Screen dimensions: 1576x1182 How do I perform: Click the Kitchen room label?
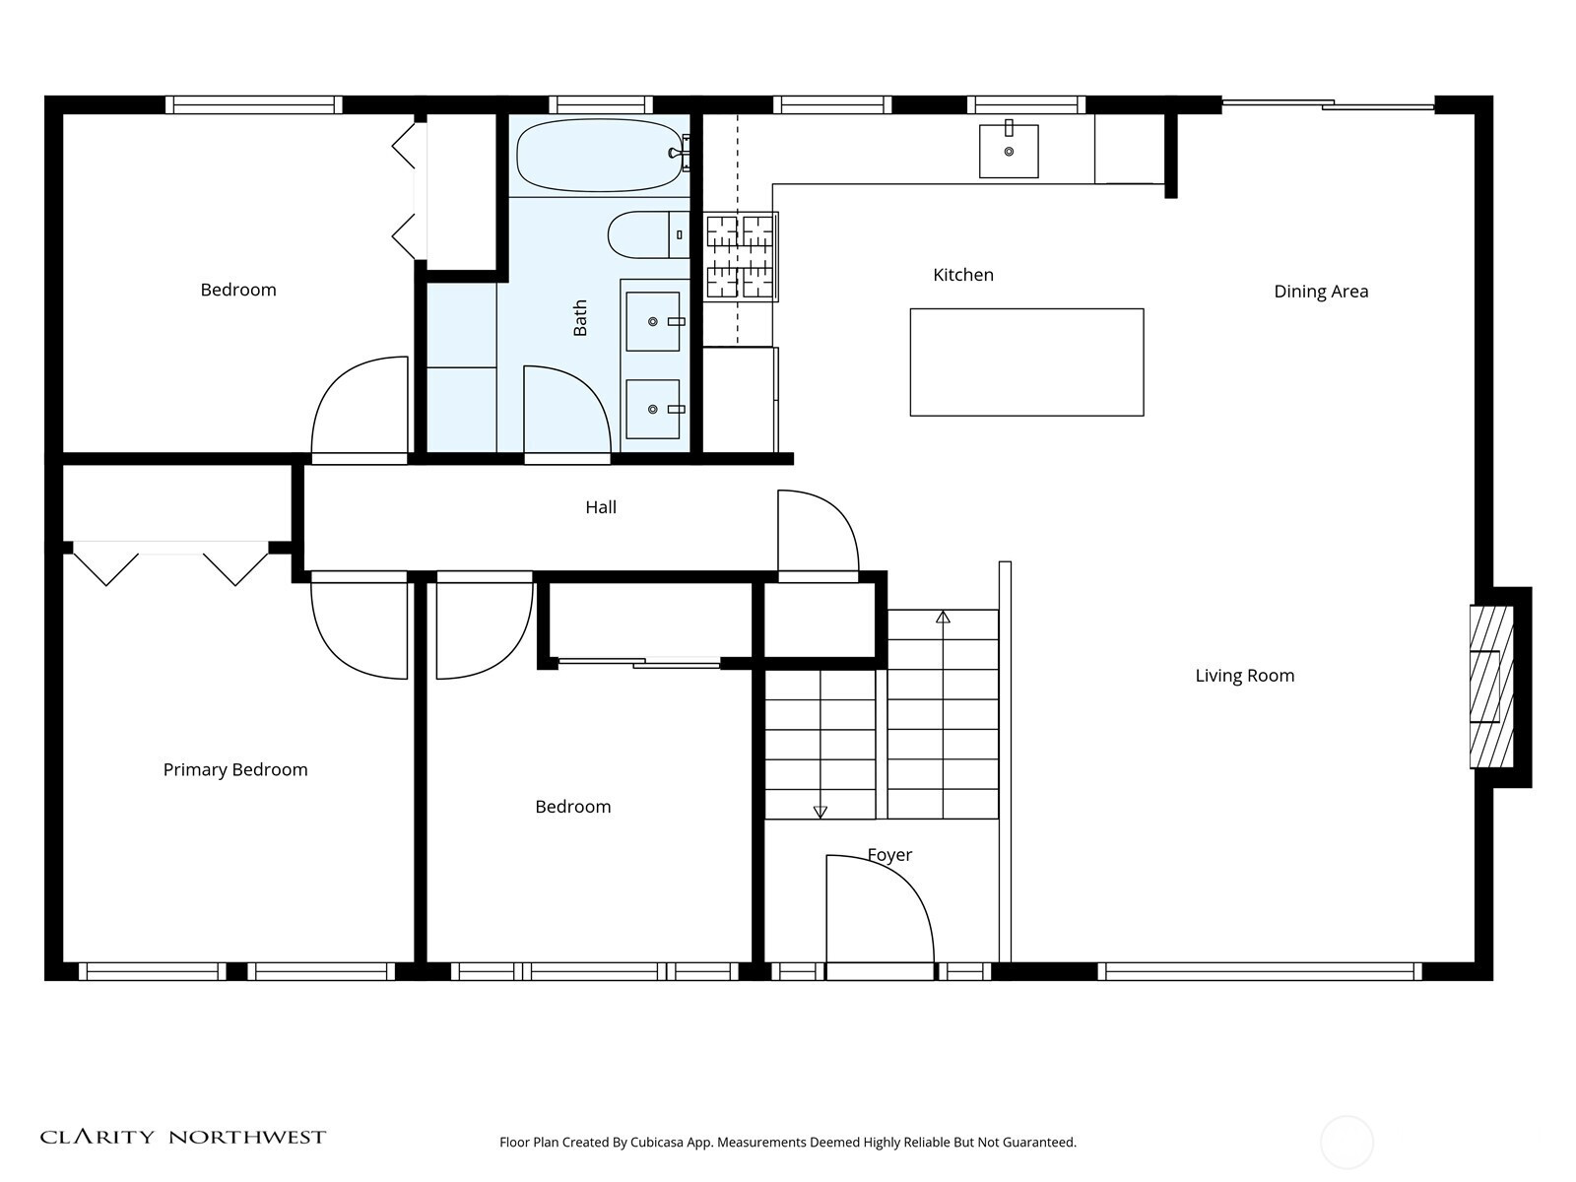click(962, 275)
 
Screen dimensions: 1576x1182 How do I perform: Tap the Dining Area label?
click(1321, 292)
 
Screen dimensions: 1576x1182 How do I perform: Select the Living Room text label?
click(1244, 676)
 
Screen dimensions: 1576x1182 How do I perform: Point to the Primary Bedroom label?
click(235, 770)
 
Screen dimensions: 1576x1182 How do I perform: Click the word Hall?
click(601, 507)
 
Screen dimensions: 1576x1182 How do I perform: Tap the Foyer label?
click(889, 855)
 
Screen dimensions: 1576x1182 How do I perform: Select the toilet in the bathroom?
click(648, 234)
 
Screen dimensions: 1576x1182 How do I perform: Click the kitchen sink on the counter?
click(1009, 151)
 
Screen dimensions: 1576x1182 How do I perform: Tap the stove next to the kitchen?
click(741, 256)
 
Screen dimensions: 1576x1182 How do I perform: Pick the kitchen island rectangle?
click(1026, 362)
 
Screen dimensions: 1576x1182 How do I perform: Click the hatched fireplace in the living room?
click(1491, 687)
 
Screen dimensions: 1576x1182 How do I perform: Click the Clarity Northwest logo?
click(182, 1136)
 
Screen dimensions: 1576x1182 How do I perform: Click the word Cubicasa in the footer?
click(657, 1143)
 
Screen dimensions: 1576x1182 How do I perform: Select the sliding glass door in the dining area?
click(1329, 104)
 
